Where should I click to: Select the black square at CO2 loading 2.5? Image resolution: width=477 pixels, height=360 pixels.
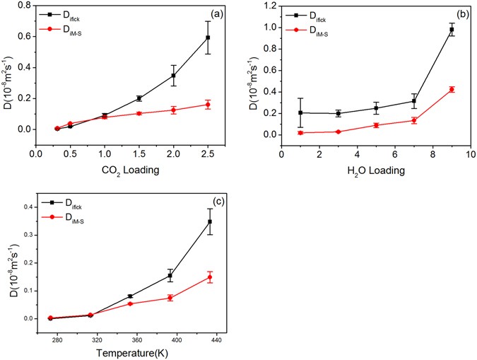[208, 37]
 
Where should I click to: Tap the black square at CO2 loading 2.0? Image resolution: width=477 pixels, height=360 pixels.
[173, 76]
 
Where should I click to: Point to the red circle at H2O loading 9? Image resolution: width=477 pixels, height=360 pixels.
[452, 89]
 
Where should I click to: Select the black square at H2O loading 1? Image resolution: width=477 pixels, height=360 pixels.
[300, 112]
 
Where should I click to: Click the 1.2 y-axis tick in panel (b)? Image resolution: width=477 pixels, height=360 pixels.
[270, 7]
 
